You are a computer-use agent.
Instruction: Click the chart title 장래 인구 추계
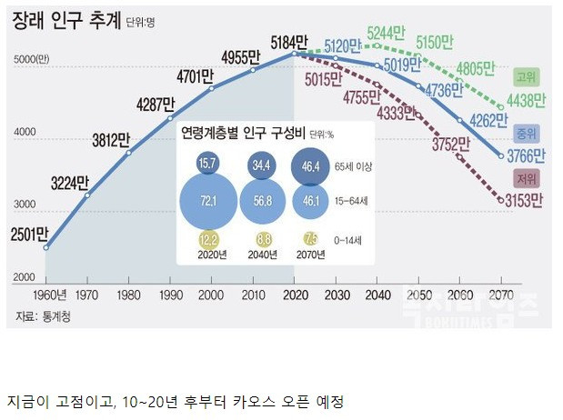coord(65,22)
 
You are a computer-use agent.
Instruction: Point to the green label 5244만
coord(387,32)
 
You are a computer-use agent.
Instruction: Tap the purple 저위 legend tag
coord(525,177)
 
